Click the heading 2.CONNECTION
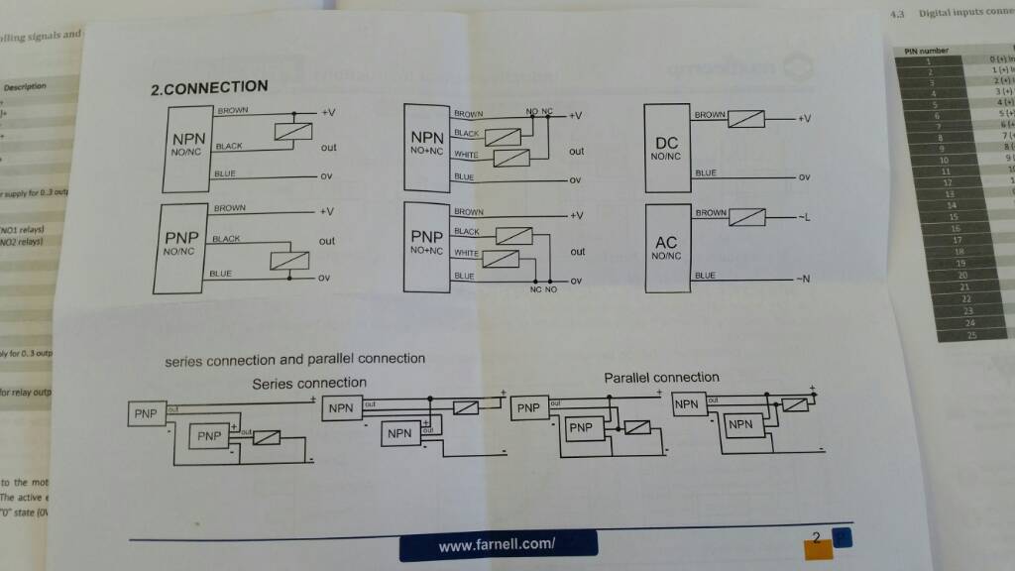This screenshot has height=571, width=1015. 208,88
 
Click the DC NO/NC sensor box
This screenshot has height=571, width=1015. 666,150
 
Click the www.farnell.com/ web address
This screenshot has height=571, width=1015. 497,545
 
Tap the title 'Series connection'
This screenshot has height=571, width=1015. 309,383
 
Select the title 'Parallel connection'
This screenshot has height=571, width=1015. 661,378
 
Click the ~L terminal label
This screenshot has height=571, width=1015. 803,216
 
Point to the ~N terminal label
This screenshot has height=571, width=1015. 803,278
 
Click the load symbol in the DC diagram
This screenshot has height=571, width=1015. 745,118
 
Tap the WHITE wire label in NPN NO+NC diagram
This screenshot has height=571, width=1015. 466,155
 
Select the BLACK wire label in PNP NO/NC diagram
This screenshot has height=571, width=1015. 226,239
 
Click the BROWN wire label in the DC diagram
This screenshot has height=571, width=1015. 710,115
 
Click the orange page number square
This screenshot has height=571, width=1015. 818,544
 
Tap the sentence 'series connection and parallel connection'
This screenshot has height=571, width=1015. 294,360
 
